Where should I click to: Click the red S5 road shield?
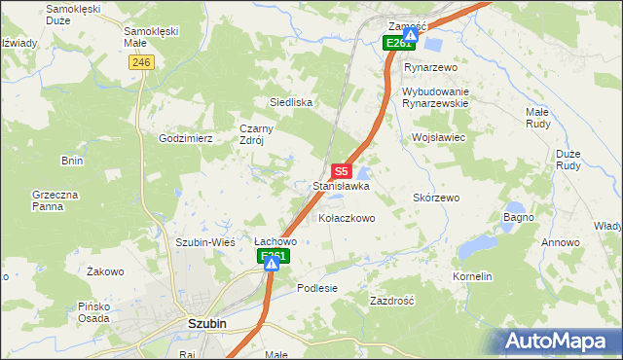coord(340,170)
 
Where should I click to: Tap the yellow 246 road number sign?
coord(141,61)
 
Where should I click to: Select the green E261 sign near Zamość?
coord(398,44)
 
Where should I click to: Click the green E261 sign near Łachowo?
coord(274,257)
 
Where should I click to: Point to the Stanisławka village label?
coord(341,185)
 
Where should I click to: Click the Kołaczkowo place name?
coord(347,219)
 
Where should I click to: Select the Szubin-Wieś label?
coord(201,242)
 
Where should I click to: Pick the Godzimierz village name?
coord(186,139)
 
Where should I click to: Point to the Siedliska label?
coord(290,102)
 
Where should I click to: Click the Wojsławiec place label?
coord(440,138)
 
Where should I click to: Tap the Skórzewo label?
coord(436,198)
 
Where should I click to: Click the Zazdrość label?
coord(392,302)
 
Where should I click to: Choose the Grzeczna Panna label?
coord(55,200)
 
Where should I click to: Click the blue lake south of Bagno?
coord(477,248)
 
